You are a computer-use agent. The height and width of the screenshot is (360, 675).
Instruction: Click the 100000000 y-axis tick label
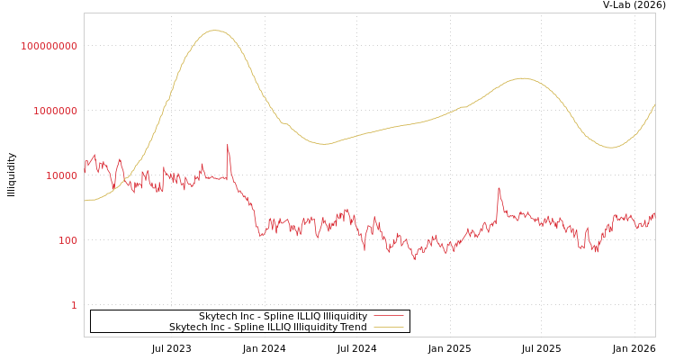(x=49, y=46)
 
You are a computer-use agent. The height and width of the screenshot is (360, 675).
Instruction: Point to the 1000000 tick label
(x=55, y=111)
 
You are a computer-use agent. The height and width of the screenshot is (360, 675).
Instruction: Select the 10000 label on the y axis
(x=62, y=175)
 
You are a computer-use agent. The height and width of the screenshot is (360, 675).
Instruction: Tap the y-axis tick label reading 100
(x=68, y=240)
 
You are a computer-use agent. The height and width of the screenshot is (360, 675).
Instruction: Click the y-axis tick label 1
(x=74, y=305)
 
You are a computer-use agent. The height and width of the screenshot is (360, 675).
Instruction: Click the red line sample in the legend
(x=388, y=317)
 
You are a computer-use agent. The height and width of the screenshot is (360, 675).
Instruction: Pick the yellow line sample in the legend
(x=388, y=328)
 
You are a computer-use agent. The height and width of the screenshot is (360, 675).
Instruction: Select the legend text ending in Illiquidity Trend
(x=267, y=328)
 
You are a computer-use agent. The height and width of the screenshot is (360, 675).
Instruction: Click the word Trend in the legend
(x=352, y=328)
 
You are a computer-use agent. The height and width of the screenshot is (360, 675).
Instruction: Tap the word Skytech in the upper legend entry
(x=218, y=317)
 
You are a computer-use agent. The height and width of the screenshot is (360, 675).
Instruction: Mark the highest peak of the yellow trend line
(x=214, y=31)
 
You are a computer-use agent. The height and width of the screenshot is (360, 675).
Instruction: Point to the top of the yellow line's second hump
(x=523, y=78)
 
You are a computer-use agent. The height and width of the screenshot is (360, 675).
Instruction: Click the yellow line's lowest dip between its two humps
(x=325, y=144)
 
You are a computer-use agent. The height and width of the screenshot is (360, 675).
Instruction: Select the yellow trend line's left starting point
(x=85, y=201)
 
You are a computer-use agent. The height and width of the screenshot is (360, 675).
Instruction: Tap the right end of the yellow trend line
(x=655, y=104)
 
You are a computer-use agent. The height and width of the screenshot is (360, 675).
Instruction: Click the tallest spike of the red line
(x=228, y=144)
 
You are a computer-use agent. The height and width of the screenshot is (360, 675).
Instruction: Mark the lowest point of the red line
(x=415, y=259)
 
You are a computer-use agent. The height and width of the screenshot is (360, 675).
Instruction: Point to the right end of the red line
(x=655, y=213)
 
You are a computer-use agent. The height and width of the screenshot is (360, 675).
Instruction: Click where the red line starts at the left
(x=85, y=173)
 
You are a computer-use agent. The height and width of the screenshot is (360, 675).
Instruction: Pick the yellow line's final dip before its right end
(x=611, y=148)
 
